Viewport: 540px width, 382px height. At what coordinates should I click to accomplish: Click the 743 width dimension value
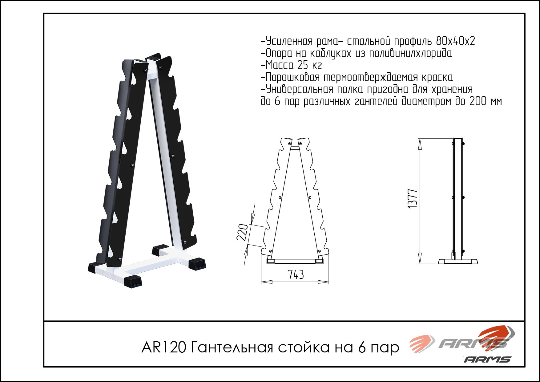pos(296,274)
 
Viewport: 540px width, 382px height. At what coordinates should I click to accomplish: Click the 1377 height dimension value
pos(413,199)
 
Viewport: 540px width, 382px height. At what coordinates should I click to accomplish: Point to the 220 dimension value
pos(242,232)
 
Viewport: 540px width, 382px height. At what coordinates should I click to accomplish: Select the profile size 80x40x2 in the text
pos(456,41)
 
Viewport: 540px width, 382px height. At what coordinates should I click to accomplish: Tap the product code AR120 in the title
pos(164,347)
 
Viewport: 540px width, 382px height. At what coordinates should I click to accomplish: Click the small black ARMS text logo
pos(487,359)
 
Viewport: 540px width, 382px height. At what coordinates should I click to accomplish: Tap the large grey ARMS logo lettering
pos(473,343)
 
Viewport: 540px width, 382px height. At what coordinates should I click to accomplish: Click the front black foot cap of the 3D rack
pos(133,281)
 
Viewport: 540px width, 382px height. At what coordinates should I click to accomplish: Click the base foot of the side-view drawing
pos(458,262)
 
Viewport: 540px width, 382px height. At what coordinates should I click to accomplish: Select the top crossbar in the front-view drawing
pos(295,148)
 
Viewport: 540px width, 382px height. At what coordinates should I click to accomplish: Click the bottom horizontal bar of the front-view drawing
pos(295,262)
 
